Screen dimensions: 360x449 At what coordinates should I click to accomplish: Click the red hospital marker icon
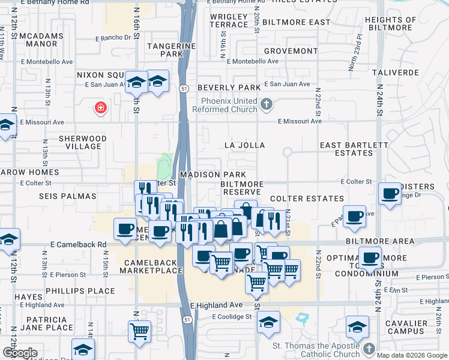coord(101,108)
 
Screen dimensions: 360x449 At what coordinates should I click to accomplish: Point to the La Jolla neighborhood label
coord(244,145)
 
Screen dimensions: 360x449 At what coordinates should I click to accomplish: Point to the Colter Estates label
coord(307,199)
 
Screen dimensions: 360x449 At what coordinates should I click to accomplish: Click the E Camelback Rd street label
coord(78,245)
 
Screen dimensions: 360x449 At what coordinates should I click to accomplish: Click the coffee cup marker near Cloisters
coord(390,194)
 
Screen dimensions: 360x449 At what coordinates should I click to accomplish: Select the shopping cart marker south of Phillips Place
coord(140,330)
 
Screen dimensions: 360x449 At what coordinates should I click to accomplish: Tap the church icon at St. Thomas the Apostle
coord(369,349)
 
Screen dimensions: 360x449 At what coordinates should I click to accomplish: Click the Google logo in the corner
coord(20,353)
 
